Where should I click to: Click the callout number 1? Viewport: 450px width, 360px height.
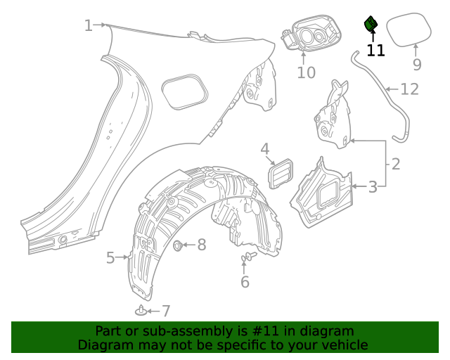(x=88, y=26)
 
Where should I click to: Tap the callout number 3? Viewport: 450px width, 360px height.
(x=373, y=186)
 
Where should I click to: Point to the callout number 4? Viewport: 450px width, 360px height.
(x=265, y=148)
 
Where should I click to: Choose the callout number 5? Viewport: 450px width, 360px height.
(x=110, y=258)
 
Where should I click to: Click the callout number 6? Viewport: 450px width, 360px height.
(x=245, y=282)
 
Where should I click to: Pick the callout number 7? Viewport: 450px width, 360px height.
(x=166, y=311)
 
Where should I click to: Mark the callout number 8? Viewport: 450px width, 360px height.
(x=201, y=245)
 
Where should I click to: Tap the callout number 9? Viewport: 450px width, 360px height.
(x=417, y=65)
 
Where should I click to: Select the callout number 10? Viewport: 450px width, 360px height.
(x=306, y=72)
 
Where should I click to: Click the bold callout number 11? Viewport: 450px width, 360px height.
(x=375, y=51)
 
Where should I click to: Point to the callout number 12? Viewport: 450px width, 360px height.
(x=410, y=89)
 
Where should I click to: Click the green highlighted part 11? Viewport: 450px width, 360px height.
(x=371, y=25)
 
